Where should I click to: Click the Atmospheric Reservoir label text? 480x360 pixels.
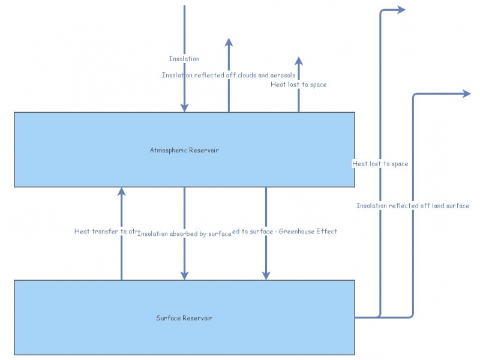point(184,150)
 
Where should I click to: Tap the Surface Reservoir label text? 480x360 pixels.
point(184,317)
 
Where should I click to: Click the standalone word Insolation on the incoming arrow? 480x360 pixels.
point(184,59)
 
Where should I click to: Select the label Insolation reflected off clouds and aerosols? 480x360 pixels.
point(228,75)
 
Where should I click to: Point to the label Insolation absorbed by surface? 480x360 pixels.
point(184,233)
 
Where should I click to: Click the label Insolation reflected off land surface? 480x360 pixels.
point(413,206)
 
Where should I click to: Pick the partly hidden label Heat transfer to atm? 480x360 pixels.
point(106,231)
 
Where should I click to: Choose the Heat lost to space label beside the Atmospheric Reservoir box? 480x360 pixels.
point(380,163)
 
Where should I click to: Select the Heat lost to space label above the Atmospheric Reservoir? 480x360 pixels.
point(299,85)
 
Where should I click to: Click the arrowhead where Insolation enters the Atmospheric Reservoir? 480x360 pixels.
point(184,108)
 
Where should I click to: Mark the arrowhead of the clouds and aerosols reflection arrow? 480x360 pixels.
point(228,42)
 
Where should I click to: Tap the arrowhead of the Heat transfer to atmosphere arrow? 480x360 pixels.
point(121,191)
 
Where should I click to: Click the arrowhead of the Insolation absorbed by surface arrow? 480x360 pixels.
point(184,275)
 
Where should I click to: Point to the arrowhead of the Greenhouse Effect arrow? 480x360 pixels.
point(266,275)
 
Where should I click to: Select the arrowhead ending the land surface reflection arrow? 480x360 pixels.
point(466,93)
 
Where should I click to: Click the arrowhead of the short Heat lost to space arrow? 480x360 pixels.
point(299,60)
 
